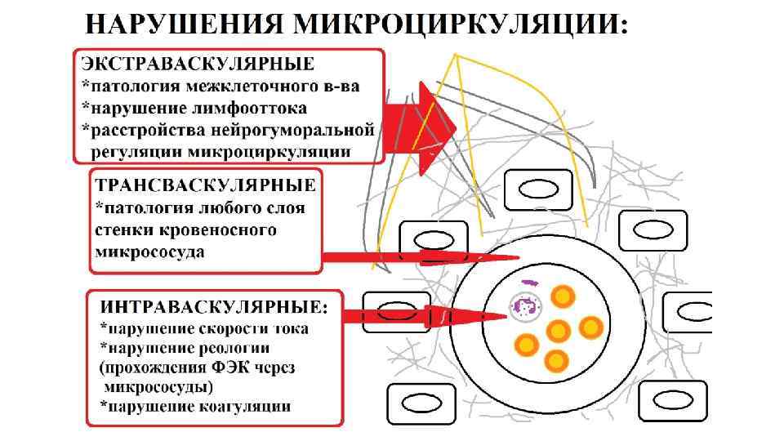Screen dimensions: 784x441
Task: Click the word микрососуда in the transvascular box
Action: coord(151,252)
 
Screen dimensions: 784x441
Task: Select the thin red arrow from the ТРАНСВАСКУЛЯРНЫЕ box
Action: coord(416,258)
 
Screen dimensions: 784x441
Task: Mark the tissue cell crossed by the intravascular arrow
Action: coord(397,313)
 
